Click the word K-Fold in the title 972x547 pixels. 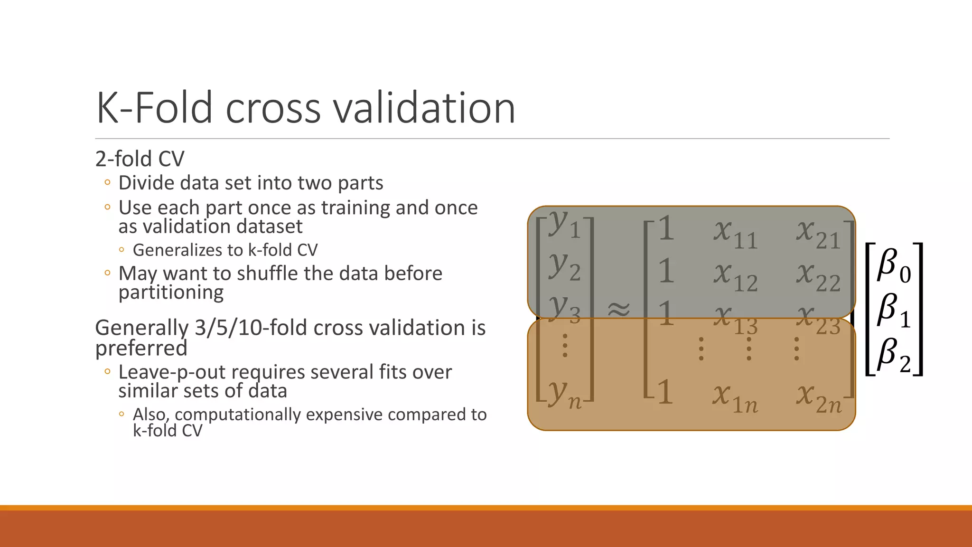tap(154, 108)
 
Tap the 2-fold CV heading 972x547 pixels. tap(140, 159)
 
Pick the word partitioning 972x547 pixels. tap(171, 292)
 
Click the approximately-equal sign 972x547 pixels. tap(619, 310)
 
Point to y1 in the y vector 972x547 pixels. tap(564, 225)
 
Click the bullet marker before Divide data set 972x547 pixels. tap(107, 182)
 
